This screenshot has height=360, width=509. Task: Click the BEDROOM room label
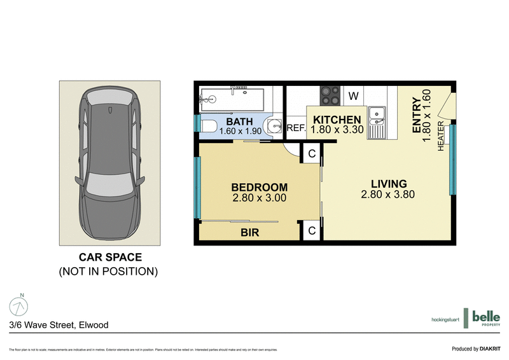coord(259,188)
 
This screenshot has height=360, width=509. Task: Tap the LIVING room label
coord(387,184)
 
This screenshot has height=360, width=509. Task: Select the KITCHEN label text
coord(337,120)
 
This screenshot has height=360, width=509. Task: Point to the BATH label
coord(239,121)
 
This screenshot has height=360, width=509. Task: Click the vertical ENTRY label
coord(417,114)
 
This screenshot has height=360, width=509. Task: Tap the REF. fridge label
coord(296,128)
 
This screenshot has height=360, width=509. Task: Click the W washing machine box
coord(354,97)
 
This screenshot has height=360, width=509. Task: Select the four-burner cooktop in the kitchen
coord(330,95)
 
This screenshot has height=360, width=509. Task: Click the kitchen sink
coord(377,114)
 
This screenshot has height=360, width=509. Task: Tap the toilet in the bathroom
coord(207,125)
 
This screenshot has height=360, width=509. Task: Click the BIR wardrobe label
coord(249,233)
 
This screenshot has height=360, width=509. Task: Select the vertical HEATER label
coord(440,136)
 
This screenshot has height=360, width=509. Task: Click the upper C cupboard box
coord(312,153)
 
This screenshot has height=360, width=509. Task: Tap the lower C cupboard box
coord(312,231)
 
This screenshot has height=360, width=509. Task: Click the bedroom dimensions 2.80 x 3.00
coord(259,198)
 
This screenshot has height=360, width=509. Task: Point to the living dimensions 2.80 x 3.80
coord(387,194)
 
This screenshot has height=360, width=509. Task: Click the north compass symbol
coord(19,306)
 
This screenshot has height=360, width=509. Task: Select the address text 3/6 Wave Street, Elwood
coord(59,325)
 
